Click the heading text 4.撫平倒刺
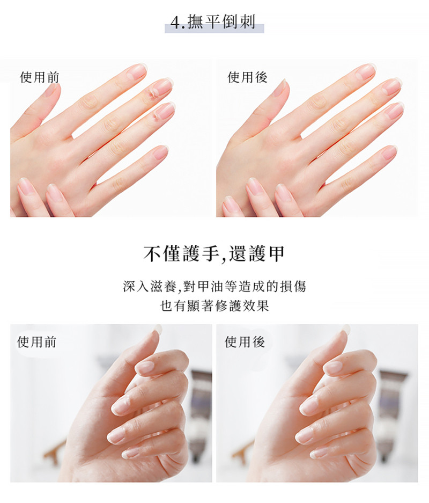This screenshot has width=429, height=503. point(213,23)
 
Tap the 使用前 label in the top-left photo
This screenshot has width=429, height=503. point(40,77)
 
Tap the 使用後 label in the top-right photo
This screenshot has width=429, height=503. point(247,77)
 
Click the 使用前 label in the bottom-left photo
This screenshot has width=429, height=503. point(37,342)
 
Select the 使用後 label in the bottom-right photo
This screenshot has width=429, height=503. point(245,342)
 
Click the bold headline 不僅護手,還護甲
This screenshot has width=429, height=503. point(214,254)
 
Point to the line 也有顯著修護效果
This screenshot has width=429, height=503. point(214,305)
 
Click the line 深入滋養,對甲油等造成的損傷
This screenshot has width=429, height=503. point(214,286)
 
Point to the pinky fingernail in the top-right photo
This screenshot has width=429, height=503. point(389,152)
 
